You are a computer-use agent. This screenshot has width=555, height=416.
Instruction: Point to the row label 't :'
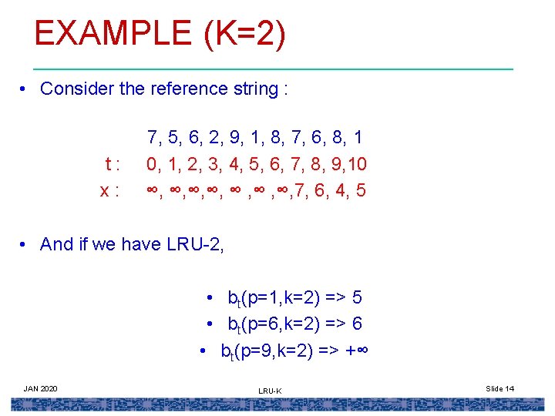pyautogui.click(x=112, y=164)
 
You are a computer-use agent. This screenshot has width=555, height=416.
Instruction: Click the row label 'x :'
pyautogui.click(x=109, y=190)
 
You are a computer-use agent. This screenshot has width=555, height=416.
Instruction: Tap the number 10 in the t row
pyautogui.click(x=357, y=164)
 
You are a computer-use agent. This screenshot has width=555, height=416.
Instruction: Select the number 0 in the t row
pyautogui.click(x=153, y=164)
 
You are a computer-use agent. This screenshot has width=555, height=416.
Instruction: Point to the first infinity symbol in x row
pyautogui.click(x=153, y=190)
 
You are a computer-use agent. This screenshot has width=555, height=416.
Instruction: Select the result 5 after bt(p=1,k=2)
pyautogui.click(x=356, y=297)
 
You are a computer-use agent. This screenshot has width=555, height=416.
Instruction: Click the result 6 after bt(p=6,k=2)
pyautogui.click(x=356, y=324)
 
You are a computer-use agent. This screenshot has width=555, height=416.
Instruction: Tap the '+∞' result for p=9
pyautogui.click(x=355, y=351)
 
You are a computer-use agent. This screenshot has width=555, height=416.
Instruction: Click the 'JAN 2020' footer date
pyautogui.click(x=41, y=388)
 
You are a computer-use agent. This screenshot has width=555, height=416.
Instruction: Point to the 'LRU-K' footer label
pyautogui.click(x=270, y=391)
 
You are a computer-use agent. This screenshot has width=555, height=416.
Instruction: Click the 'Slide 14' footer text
pyautogui.click(x=500, y=388)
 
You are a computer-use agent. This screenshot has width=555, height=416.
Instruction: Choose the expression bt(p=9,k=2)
pyautogui.click(x=264, y=351)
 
